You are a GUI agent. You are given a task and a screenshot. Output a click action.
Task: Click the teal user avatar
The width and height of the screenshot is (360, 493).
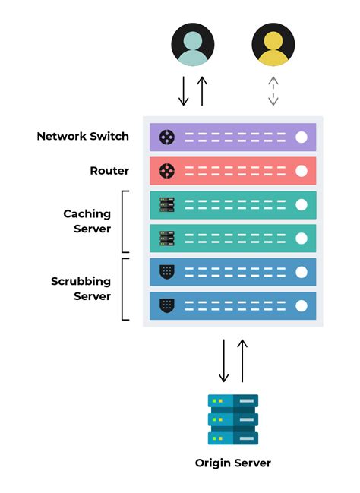[x=193, y=45]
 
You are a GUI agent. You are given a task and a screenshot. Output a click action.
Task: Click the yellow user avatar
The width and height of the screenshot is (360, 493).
[x=273, y=45]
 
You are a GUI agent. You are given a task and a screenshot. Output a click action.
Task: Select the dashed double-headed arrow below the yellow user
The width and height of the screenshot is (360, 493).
[x=273, y=90]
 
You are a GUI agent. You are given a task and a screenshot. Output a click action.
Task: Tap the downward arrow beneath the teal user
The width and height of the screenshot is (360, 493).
[x=184, y=90]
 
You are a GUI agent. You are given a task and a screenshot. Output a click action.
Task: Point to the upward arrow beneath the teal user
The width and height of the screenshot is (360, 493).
[x=202, y=90]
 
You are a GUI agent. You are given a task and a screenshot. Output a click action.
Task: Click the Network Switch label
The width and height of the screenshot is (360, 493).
[x=83, y=137]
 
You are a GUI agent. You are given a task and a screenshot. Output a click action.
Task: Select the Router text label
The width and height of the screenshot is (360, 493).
[x=109, y=171]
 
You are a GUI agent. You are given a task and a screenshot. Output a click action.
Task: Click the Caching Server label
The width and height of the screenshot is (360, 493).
[x=87, y=221]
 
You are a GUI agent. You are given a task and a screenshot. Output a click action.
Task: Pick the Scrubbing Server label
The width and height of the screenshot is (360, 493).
[x=81, y=289]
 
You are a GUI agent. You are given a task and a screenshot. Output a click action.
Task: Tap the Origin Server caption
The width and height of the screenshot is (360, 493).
[x=233, y=463]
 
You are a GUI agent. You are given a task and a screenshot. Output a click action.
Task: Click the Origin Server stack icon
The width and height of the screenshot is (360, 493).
[x=233, y=419]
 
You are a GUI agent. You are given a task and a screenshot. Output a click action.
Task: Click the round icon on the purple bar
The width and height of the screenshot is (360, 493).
[x=167, y=137]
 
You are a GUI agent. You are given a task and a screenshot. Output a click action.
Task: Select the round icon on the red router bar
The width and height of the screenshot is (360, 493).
[x=167, y=171]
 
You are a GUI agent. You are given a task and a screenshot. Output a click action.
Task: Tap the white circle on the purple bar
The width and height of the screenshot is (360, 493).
[x=302, y=137]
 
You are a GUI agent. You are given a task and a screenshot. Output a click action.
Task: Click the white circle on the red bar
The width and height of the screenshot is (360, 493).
[x=302, y=171]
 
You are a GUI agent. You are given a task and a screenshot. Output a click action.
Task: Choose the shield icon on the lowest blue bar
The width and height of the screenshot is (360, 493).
[x=167, y=305]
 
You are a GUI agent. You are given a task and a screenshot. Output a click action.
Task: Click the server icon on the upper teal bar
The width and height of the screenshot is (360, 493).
[x=167, y=204]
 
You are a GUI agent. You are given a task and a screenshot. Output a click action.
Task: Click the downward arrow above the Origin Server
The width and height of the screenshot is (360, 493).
[x=224, y=360]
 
